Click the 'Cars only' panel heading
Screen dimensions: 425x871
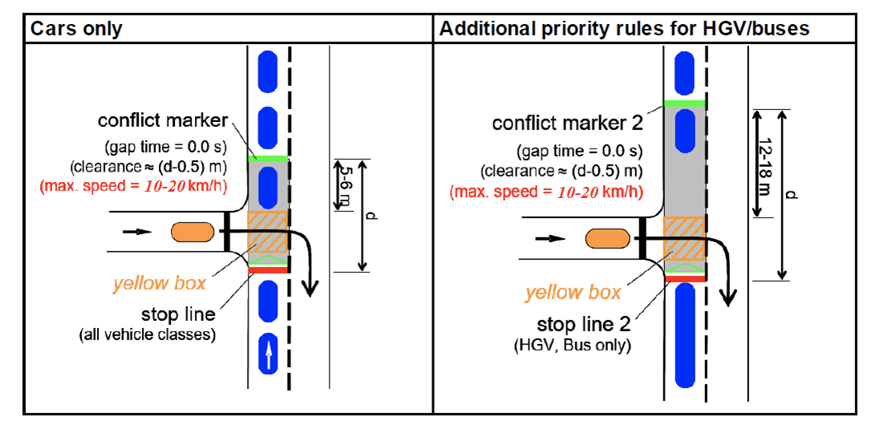(76, 30)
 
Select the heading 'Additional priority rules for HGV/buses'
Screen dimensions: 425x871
(625, 30)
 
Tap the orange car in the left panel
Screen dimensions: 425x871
(192, 233)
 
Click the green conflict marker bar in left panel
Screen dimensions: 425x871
(268, 158)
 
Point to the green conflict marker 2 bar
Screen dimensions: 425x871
(683, 104)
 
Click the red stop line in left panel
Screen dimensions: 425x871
(268, 270)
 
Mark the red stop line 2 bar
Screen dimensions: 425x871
(683, 278)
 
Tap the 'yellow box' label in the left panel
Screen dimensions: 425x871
(159, 283)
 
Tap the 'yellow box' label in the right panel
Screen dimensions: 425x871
(573, 293)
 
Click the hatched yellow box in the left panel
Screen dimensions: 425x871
(268, 232)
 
